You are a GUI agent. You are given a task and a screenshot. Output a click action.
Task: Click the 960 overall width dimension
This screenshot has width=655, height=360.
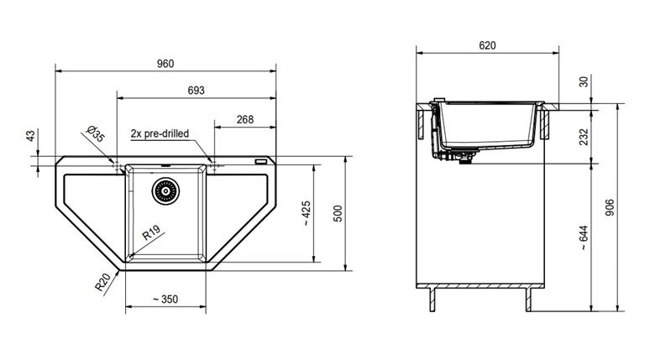(165, 64)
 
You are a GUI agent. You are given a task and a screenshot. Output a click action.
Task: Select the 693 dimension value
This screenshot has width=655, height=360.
(196, 90)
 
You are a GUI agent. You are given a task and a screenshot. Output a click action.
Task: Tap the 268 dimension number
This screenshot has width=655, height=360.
(245, 119)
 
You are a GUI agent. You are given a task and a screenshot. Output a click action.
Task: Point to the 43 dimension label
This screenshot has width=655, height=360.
(30, 135)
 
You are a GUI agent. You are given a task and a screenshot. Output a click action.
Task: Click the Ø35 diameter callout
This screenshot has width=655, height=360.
(95, 134)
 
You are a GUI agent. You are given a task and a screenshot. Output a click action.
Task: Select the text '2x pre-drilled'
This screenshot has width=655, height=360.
(160, 133)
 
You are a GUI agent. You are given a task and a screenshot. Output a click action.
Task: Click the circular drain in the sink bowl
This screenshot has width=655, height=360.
(165, 190)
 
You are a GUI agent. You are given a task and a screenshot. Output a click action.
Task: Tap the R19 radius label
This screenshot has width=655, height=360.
(151, 232)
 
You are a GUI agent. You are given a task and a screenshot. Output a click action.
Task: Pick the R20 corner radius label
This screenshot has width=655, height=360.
(102, 282)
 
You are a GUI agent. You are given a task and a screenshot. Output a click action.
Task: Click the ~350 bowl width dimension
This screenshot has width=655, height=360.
(165, 299)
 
